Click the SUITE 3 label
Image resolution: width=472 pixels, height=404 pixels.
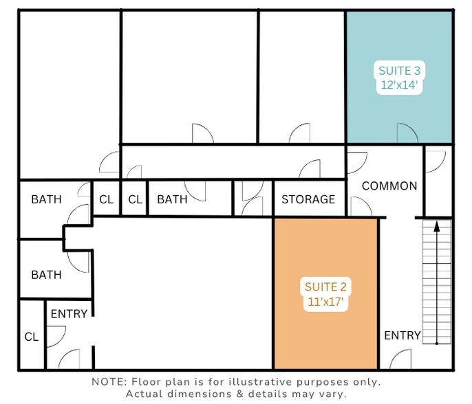(399, 71)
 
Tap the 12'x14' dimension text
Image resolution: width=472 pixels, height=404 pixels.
(399, 85)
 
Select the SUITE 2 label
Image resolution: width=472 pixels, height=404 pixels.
(325, 287)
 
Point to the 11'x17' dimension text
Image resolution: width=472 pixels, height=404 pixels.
(325, 301)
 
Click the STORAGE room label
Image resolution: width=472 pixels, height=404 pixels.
(308, 199)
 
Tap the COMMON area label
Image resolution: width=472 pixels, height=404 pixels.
(389, 186)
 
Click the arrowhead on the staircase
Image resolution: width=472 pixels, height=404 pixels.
(437, 226)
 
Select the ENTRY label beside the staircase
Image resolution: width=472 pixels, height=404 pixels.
(403, 335)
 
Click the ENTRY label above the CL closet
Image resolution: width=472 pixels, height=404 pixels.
(69, 314)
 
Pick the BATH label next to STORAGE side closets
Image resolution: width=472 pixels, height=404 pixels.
(172, 199)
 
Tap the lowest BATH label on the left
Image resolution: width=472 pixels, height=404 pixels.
(46, 275)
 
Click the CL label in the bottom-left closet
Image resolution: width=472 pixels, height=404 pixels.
(32, 337)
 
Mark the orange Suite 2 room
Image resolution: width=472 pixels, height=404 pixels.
(325, 293)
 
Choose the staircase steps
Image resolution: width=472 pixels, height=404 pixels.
(437, 282)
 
